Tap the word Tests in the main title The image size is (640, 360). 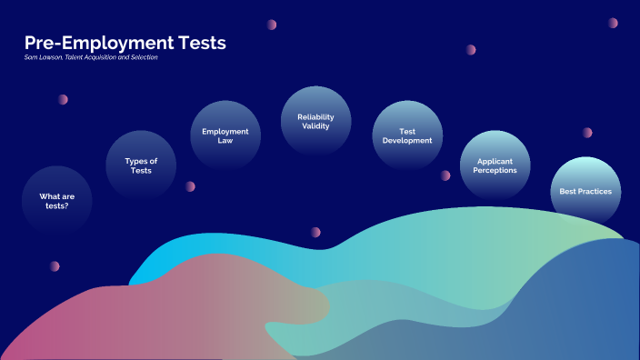pos(199,43)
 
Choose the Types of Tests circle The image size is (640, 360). pos(141,165)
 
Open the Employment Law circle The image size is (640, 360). pos(225,136)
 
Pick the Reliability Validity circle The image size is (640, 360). pos(315,121)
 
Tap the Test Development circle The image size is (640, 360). pos(407,136)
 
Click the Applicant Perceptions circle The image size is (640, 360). pos(495,165)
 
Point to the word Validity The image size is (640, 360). pos(316,126)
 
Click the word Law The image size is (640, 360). pos(225,142)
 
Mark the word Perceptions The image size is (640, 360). pos(495,171)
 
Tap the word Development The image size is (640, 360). pos(407,142)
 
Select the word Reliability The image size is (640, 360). pos(316,116)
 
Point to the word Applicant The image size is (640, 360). pos(495,161)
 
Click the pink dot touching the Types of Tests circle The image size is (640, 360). pos(190,186)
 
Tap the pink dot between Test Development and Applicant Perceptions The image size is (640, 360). pos(445,175)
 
